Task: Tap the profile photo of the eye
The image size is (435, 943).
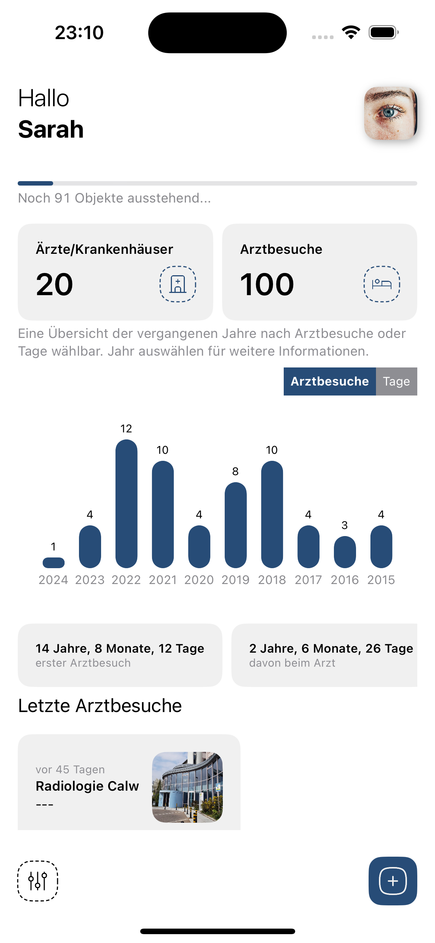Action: click(390, 113)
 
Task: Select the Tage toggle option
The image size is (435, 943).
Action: click(396, 381)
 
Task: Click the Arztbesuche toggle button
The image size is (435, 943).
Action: click(329, 381)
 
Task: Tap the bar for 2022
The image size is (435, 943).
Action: click(126, 503)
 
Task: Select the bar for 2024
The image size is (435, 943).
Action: click(53, 563)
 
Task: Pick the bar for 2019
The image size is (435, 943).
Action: click(235, 525)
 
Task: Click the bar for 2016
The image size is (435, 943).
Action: click(345, 552)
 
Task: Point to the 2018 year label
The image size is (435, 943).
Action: click(272, 580)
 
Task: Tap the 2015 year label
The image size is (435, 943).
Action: click(381, 580)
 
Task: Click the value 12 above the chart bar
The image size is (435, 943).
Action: click(126, 429)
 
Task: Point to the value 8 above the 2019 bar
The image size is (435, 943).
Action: click(235, 471)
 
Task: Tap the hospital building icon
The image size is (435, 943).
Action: click(178, 284)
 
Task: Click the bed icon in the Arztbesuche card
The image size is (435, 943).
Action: click(382, 284)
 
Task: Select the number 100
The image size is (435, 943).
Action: click(267, 284)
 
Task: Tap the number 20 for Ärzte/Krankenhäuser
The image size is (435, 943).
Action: click(55, 284)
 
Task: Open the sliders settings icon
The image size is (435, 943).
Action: click(38, 881)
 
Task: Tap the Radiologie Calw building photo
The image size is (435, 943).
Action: click(187, 787)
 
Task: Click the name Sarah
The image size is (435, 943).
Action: click(51, 129)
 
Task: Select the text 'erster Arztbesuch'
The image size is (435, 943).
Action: click(83, 663)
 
